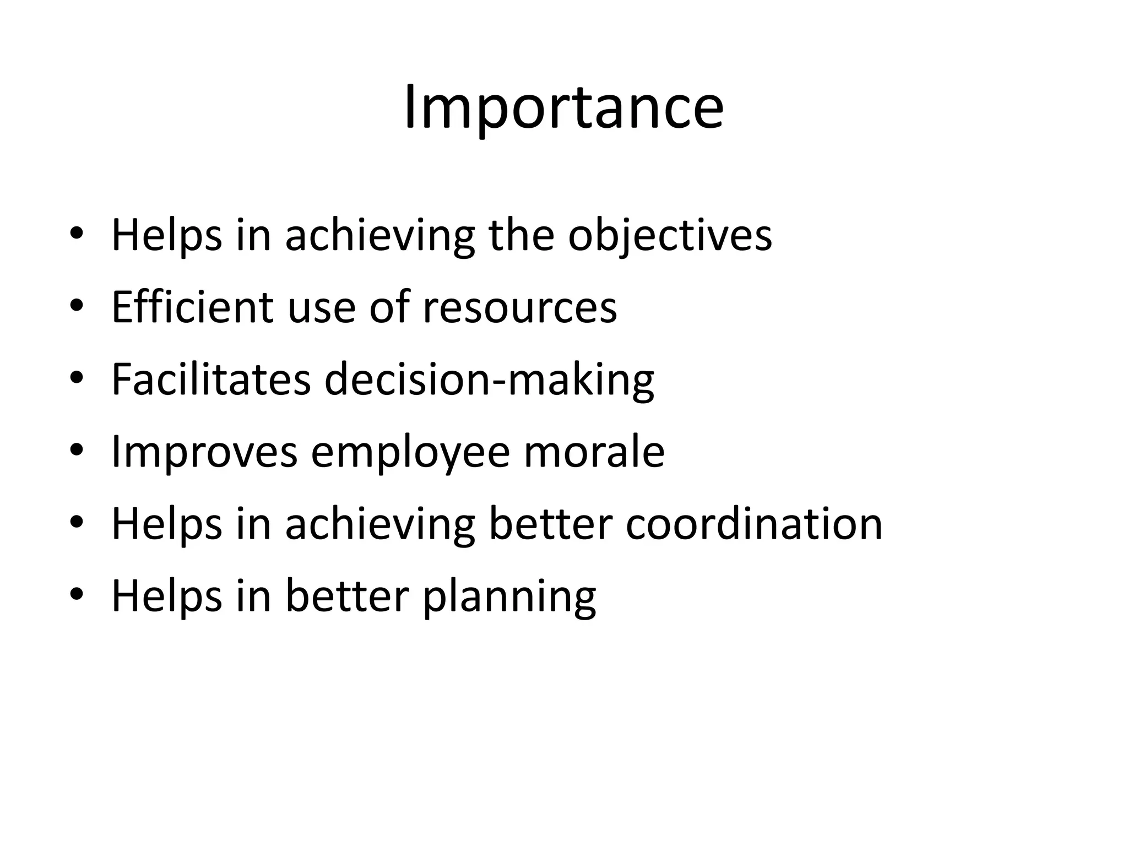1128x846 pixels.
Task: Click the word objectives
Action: [x=670, y=236]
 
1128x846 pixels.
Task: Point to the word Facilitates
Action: [x=211, y=379]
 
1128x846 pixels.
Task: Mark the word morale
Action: [x=594, y=452]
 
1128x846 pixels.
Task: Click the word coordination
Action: [x=754, y=524]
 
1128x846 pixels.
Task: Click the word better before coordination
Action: [x=550, y=524]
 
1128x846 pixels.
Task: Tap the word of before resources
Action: [x=389, y=307]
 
